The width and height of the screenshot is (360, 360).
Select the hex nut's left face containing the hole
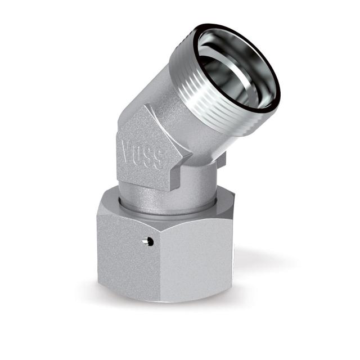point(127,247)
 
